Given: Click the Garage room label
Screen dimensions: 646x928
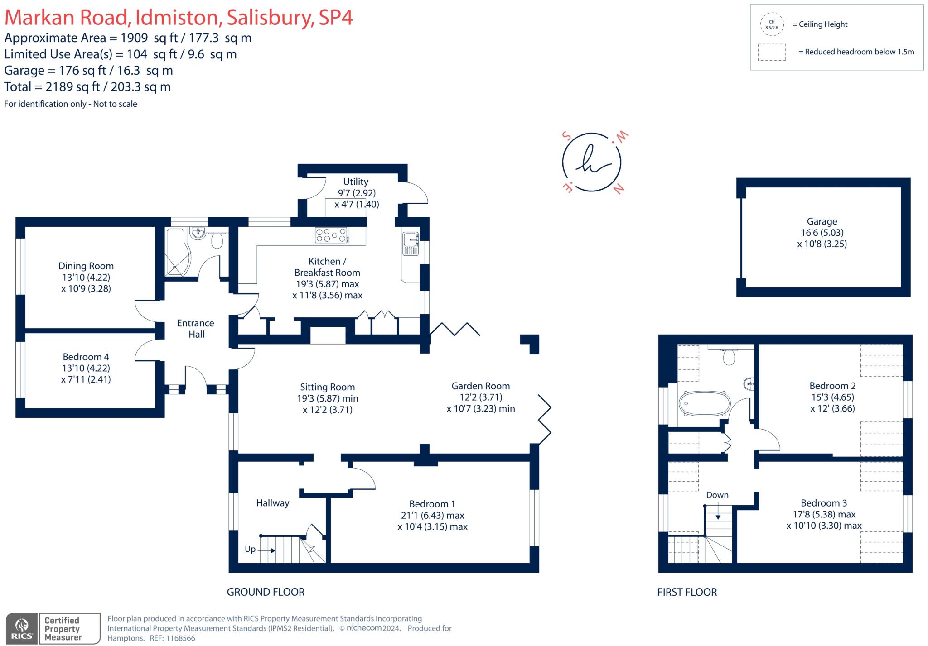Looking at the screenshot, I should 822,221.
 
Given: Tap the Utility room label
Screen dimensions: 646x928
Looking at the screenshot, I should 355,182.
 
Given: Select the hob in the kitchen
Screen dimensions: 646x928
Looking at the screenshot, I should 332,235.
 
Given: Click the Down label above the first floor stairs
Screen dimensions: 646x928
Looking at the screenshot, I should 717,495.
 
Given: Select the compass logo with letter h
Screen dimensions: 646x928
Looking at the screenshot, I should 591,163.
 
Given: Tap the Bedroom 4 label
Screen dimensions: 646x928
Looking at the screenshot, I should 86,357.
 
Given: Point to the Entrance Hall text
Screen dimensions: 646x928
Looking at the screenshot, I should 195,329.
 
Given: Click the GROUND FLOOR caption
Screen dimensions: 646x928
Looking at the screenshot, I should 266,592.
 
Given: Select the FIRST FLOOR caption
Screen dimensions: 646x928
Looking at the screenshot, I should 687,592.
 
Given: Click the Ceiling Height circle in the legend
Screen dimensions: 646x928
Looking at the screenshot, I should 772,24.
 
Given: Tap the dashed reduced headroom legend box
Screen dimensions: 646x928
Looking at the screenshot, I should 772,52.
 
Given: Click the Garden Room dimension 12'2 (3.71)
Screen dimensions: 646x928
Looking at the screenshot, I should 480,397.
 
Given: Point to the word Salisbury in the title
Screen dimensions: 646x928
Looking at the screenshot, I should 270,18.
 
